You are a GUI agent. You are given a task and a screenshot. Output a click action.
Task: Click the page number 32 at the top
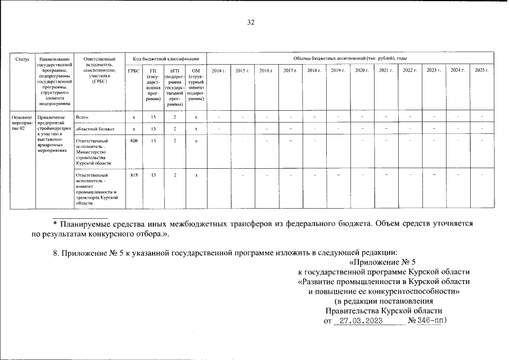(251, 22)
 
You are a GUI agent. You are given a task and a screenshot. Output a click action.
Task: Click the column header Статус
(22, 59)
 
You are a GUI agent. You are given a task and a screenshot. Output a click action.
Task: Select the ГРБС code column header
(133, 70)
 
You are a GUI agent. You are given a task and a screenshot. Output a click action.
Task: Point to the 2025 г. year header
(481, 70)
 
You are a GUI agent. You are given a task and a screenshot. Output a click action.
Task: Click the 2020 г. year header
(362, 70)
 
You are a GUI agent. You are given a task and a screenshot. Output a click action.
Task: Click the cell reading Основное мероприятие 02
(22, 122)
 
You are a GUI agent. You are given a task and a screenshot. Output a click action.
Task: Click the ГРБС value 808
(133, 141)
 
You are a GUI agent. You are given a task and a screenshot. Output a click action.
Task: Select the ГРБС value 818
(133, 175)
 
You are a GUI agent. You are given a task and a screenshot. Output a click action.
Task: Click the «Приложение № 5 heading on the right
(382, 263)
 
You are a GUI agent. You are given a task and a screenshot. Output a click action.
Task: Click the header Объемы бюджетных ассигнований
(350, 58)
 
